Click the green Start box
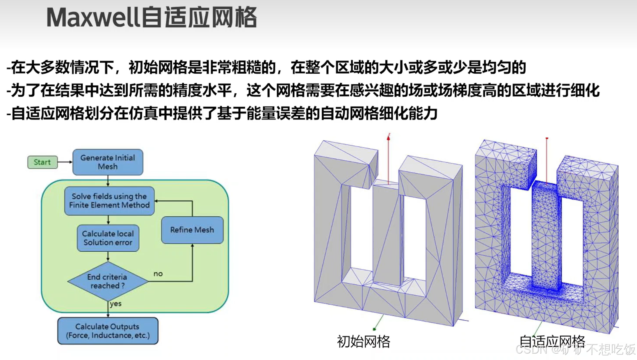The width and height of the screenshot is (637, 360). click(42, 162)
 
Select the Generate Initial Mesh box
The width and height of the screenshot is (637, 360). click(108, 162)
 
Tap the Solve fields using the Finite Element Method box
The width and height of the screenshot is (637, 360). click(109, 201)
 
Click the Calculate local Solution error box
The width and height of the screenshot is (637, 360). click(108, 238)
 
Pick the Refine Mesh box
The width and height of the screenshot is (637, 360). click(192, 230)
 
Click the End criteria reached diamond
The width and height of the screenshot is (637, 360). click(108, 281)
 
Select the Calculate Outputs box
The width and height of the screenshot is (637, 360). click(108, 331)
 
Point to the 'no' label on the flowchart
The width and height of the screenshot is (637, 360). click(158, 274)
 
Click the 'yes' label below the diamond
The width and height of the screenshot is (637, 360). click(116, 304)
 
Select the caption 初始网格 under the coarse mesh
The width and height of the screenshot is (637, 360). click(363, 341)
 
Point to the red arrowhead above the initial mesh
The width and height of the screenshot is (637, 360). click(388, 138)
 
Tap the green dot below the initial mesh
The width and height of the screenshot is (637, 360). click(374, 329)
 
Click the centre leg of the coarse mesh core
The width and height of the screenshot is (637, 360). click(386, 233)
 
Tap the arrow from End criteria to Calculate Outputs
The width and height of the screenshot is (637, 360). click(108, 309)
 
